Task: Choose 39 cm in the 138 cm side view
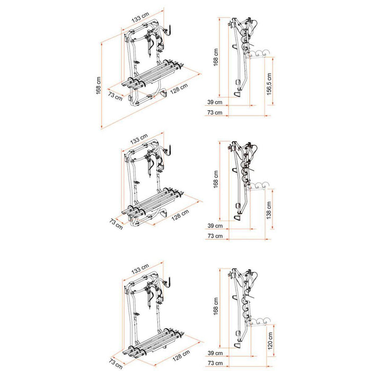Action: click(x=215, y=226)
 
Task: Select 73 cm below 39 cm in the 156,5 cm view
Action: click(x=215, y=112)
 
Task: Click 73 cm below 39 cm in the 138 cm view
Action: click(x=215, y=236)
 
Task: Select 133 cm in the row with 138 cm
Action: click(x=140, y=139)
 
